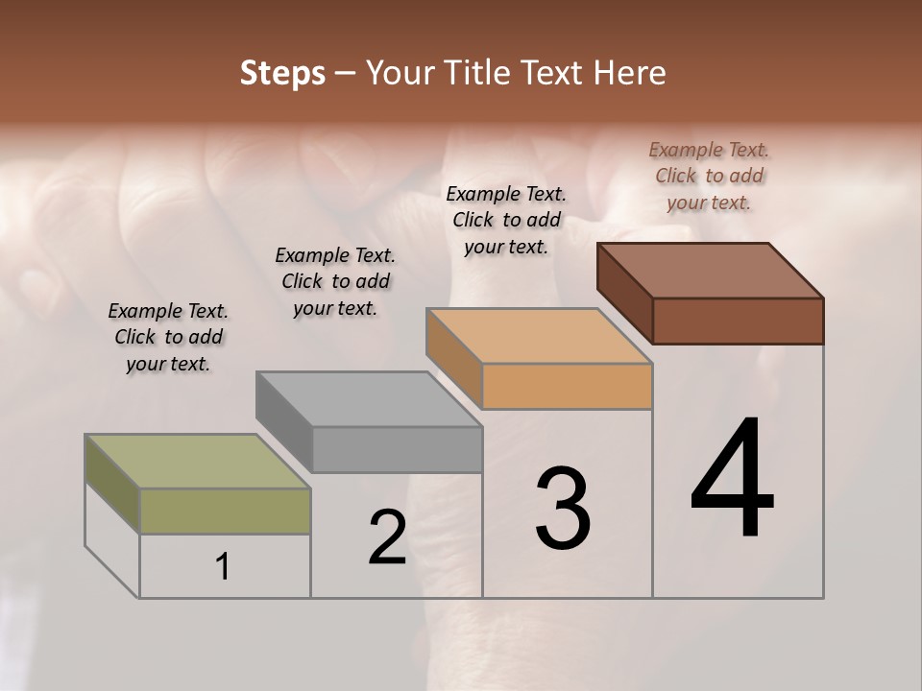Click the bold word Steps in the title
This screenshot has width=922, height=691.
(282, 73)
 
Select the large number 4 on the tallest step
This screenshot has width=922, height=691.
(732, 480)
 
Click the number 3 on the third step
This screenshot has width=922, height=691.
(562, 509)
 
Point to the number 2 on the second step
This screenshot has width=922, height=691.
(387, 537)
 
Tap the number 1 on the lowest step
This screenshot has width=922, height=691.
(223, 567)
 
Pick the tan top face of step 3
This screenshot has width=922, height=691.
(539, 336)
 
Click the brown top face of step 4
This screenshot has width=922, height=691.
(710, 270)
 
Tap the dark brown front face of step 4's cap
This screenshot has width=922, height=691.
(738, 321)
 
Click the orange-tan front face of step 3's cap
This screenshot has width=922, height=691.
(567, 386)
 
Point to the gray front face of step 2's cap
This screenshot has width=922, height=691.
(397, 449)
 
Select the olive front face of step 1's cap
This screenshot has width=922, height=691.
(225, 511)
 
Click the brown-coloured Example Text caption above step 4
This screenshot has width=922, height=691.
(709, 176)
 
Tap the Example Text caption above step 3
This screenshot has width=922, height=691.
(506, 220)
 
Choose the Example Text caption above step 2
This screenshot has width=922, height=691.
(335, 281)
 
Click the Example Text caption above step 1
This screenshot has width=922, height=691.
(168, 337)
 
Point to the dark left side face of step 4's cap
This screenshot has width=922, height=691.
(624, 292)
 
